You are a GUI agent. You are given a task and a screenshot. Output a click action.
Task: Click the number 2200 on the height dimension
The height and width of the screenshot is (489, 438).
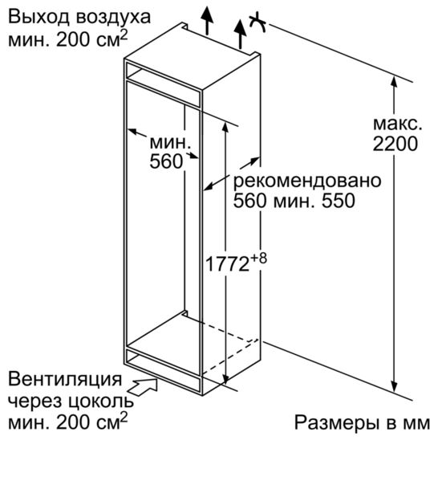pos(395,144)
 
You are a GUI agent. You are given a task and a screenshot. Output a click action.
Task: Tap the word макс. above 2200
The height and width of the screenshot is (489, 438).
pos(398,124)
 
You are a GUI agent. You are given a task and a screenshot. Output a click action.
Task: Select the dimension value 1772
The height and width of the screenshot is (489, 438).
pos(227,264)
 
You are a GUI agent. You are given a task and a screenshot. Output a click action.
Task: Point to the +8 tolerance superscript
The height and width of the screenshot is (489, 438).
pos(258,259)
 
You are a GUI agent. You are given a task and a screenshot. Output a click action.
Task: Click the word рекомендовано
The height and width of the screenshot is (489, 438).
pos(307,181)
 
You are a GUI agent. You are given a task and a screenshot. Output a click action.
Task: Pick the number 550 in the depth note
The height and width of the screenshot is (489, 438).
pos(338,201)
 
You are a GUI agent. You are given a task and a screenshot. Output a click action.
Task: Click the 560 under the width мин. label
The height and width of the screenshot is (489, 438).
pos(166,161)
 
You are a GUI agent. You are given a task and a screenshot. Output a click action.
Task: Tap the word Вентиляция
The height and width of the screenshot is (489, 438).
pos(65,380)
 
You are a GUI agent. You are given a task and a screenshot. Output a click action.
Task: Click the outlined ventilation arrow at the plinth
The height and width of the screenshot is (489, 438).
pos(144,387)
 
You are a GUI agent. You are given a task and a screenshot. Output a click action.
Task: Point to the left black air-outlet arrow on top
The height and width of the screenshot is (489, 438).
pos(207,20)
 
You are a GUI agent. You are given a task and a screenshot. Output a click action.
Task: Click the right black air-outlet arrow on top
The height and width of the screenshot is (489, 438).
pos(240,34)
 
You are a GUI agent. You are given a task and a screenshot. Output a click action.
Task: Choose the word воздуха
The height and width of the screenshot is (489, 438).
pos(113,18)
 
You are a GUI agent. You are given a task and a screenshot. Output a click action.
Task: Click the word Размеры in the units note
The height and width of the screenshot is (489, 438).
pos(336,424)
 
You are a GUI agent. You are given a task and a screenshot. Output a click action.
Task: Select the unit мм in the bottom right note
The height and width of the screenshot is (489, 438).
pos(416,424)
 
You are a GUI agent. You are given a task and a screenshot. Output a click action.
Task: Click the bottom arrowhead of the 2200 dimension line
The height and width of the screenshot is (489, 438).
pos(394,386)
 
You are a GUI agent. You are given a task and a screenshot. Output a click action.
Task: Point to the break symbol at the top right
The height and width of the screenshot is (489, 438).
pos(258,22)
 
